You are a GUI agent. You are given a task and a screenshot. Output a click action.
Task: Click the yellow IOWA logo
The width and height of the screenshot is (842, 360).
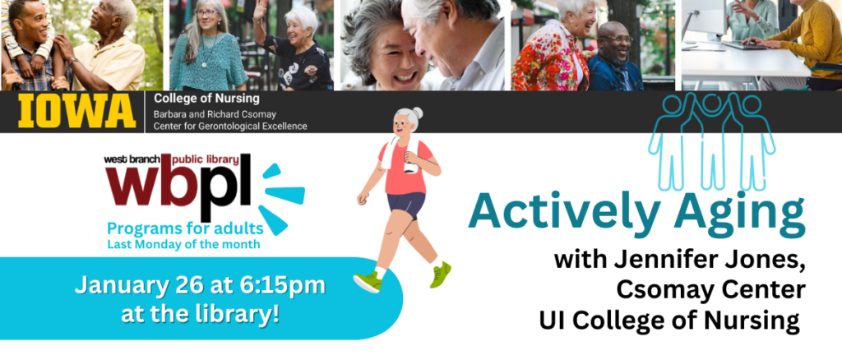click(x=76, y=111)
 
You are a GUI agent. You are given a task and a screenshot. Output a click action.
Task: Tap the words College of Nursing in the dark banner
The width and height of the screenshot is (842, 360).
click(x=206, y=99)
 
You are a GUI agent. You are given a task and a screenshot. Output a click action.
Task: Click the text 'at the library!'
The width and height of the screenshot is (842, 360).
click(x=200, y=314)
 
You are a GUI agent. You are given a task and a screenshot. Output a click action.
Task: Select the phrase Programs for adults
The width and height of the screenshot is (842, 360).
click(x=185, y=229)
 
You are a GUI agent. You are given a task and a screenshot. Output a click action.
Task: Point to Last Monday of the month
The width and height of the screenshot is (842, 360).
click(x=184, y=245)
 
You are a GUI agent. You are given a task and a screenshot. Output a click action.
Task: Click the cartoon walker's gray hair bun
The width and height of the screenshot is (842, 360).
click(x=417, y=113)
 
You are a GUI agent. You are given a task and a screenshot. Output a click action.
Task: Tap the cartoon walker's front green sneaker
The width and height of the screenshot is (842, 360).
click(x=368, y=282)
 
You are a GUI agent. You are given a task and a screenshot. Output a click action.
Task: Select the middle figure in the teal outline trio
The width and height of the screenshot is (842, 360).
click(x=711, y=141)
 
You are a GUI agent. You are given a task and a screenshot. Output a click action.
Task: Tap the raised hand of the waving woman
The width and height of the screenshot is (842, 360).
click(x=261, y=9)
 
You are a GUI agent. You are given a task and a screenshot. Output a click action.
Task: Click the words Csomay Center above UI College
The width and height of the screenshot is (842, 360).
click(x=710, y=290)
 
